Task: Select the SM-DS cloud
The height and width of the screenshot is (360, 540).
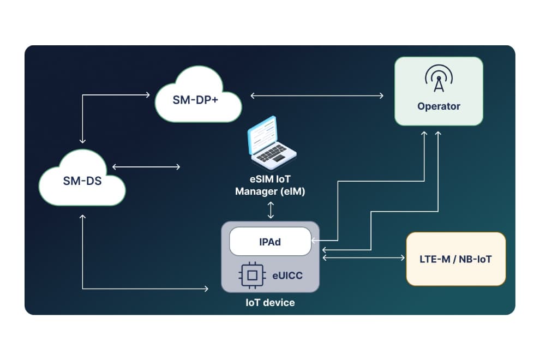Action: pyautogui.click(x=82, y=180)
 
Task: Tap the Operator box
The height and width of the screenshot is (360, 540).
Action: pyautogui.click(x=439, y=91)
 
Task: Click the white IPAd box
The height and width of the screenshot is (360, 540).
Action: pyautogui.click(x=270, y=241)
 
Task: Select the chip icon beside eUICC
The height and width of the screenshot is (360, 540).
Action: pyautogui.click(x=251, y=275)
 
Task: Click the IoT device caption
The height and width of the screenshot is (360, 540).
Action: pyautogui.click(x=270, y=302)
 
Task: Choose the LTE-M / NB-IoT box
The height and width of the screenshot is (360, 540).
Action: pyautogui.click(x=456, y=259)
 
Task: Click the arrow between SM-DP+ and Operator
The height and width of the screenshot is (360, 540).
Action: pyautogui.click(x=317, y=95)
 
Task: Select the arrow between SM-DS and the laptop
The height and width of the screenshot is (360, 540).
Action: pyautogui.click(x=146, y=166)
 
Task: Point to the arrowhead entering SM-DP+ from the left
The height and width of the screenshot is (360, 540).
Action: pyautogui.click(x=148, y=95)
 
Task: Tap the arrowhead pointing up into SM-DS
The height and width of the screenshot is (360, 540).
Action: pyautogui.click(x=82, y=217)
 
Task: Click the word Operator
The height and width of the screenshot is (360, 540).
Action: pyautogui.click(x=439, y=106)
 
